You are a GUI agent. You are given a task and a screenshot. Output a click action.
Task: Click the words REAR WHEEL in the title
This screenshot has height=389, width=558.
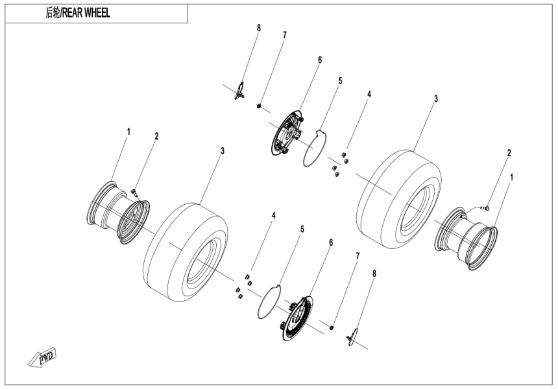pos(87,14)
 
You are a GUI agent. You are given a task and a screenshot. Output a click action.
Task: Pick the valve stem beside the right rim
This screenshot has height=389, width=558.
pos(484,207)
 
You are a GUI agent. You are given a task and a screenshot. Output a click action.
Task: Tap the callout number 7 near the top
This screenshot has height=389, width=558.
pos(284,34)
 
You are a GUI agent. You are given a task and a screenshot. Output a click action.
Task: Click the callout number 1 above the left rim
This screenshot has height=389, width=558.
pos(128,132)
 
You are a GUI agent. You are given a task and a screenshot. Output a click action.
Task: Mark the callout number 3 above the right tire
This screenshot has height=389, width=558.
pos(436,99)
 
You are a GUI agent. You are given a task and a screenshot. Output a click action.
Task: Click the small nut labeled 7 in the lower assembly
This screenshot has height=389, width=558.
pos(332,327)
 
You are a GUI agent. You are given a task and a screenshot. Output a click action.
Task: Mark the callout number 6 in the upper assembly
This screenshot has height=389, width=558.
pos(319,59)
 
